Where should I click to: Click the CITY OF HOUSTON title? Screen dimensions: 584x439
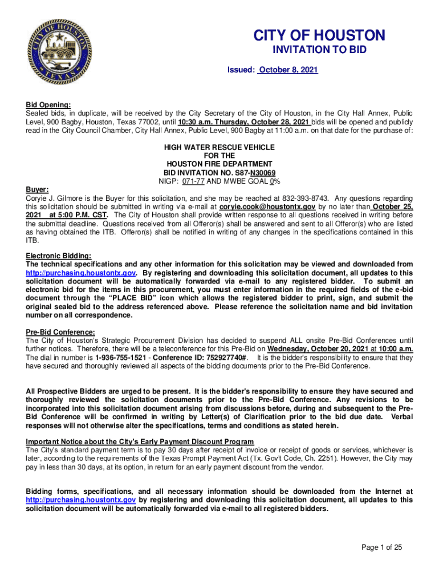pos(319,35)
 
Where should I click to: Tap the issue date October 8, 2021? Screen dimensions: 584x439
pos(288,70)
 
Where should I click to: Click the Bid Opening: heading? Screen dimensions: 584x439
pos(48,105)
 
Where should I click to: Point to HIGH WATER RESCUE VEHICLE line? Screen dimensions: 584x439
pos(219,147)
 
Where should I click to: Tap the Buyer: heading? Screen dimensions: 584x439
pos(38,189)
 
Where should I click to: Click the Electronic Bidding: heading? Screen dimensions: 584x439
pos(58,256)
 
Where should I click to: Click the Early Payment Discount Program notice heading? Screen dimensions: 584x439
pos(140,442)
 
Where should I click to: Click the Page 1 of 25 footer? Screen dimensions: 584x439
pos(382,547)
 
